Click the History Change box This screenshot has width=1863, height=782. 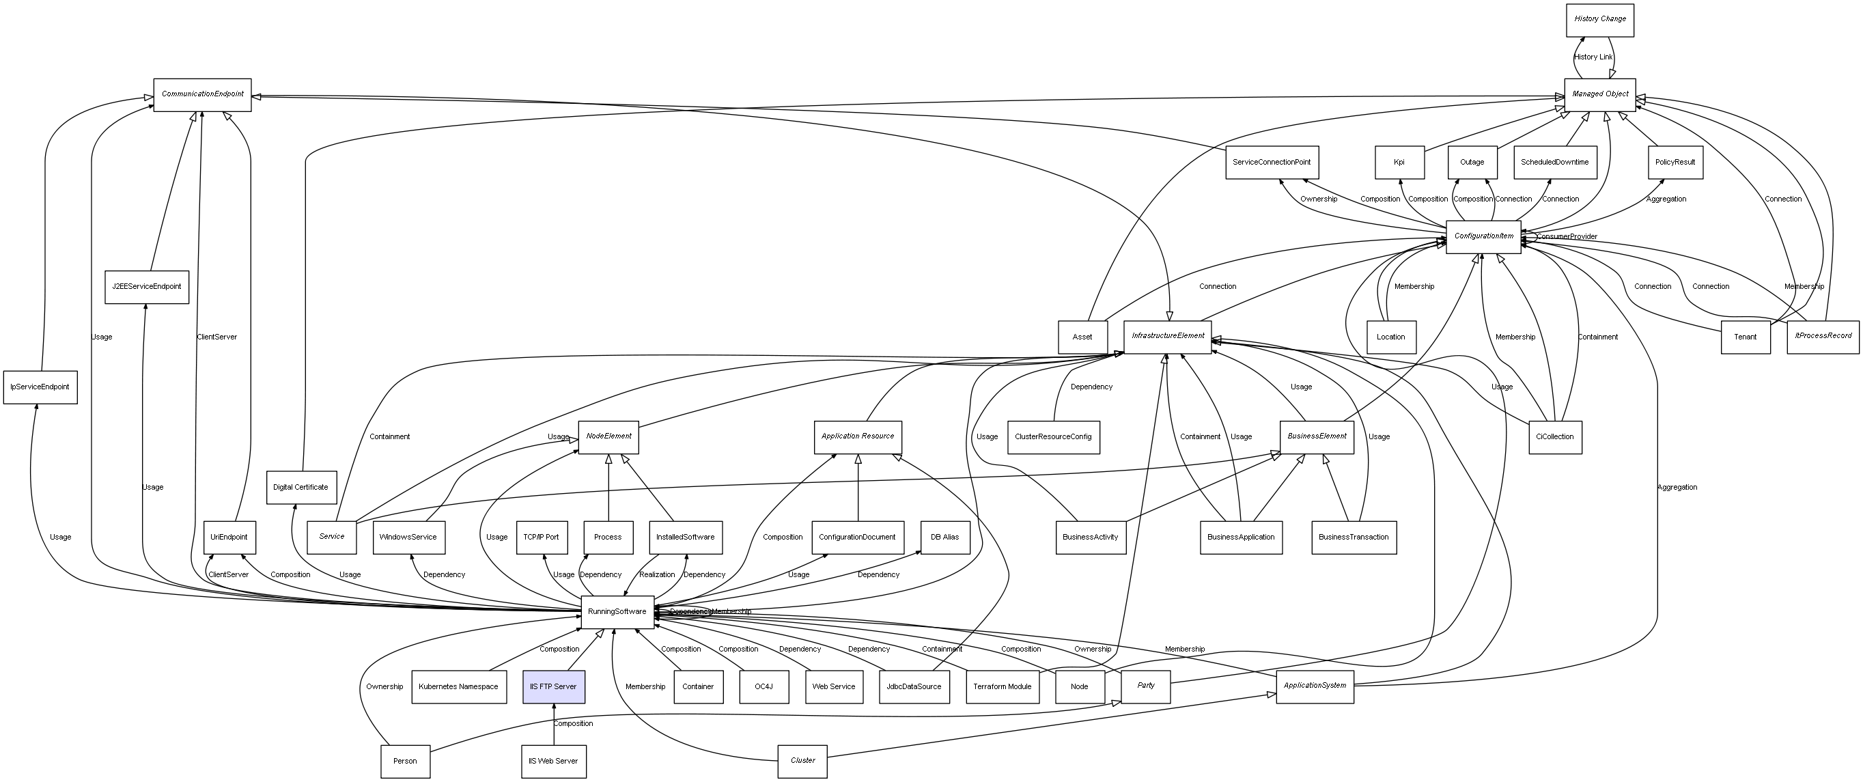coord(1600,20)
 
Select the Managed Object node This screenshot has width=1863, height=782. coord(1600,94)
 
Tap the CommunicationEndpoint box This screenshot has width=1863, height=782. coord(203,95)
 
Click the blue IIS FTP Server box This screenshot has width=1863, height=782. coord(553,686)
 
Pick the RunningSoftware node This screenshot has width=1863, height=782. coord(617,612)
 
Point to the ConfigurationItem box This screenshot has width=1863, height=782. coord(1483,236)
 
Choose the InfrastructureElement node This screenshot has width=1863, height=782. coord(1167,337)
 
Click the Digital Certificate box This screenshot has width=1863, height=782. coord(301,488)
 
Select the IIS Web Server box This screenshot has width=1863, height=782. coord(553,761)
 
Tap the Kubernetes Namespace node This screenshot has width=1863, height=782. coord(458,686)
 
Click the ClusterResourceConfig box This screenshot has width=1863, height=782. coord(1053,437)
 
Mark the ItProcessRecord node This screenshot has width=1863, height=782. coord(1823,337)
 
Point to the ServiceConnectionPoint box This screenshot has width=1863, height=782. coord(1272,162)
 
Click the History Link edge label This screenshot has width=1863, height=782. coord(1593,57)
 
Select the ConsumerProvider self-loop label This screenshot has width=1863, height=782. coord(1567,237)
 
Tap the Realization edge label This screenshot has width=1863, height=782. coord(657,575)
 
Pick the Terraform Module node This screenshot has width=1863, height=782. coord(1003,686)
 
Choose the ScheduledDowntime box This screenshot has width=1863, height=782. coord(1554,162)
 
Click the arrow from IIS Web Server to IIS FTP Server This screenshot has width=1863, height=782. coord(553,723)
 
